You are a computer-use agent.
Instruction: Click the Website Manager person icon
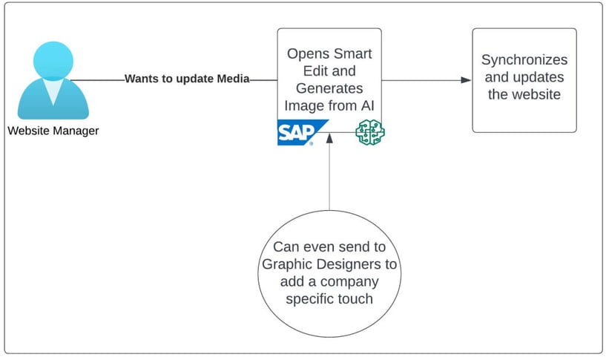(53, 85)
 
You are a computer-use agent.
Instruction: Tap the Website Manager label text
(53, 131)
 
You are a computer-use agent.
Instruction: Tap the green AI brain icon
(369, 132)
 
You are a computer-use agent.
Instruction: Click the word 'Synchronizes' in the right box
(524, 60)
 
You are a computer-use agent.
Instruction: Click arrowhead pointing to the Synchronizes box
(467, 80)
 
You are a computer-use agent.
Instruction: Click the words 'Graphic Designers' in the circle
(329, 265)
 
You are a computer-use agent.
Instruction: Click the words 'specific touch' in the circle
(329, 299)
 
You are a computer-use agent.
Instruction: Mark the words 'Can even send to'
(329, 248)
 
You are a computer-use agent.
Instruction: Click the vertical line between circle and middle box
(329, 178)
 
